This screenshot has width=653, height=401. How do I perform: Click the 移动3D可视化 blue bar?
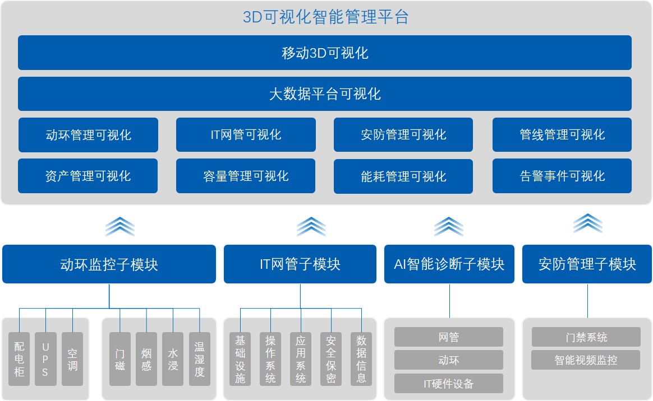pyautogui.click(x=325, y=53)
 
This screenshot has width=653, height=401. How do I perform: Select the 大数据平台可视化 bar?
pyautogui.click(x=325, y=94)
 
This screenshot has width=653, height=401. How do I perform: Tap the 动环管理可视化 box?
pyautogui.click(x=88, y=135)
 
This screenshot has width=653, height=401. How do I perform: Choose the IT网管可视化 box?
pyautogui.click(x=246, y=135)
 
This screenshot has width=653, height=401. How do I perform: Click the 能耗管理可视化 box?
pyautogui.click(x=403, y=176)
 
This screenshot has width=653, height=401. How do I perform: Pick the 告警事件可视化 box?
pyautogui.click(x=562, y=176)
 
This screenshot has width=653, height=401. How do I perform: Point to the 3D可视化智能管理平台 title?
pyautogui.click(x=325, y=17)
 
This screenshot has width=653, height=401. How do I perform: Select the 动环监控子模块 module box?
pyautogui.click(x=109, y=264)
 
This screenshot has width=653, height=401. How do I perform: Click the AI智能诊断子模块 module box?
pyautogui.click(x=449, y=264)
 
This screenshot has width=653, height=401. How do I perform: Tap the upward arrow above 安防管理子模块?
pyautogui.click(x=587, y=223)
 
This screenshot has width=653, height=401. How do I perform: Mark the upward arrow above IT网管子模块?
pyautogui.click(x=311, y=226)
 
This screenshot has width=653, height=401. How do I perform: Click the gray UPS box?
pyautogui.click(x=45, y=359)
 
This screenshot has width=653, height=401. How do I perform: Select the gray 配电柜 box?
pyautogui.click(x=20, y=359)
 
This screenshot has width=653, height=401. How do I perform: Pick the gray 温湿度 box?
pyautogui.click(x=199, y=359)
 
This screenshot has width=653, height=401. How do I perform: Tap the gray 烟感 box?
pyautogui.click(x=146, y=359)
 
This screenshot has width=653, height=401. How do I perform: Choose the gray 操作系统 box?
pyautogui.click(x=270, y=359)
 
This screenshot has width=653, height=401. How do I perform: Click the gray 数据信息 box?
pyautogui.click(x=361, y=359)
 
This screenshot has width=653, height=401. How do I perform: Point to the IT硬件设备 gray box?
pyautogui.click(x=449, y=384)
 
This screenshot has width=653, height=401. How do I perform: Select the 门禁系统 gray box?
pyautogui.click(x=586, y=337)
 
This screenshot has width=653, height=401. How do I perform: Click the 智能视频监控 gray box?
pyautogui.click(x=586, y=360)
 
